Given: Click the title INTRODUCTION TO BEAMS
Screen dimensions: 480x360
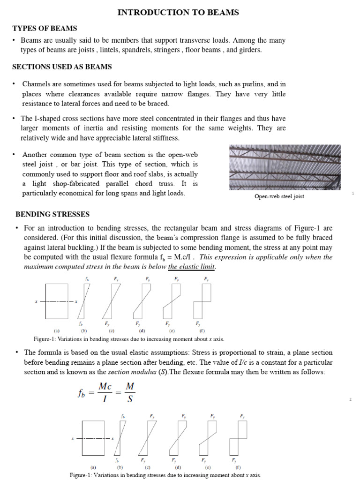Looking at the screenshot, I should [x=178, y=13].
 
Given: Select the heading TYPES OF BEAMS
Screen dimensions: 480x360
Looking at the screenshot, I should [x=45, y=29].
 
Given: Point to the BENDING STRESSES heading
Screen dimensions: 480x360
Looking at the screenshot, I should [x=52, y=214].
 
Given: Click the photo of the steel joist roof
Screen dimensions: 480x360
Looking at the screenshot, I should [x=285, y=167].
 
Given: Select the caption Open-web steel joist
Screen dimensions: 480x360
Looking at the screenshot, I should [x=279, y=196].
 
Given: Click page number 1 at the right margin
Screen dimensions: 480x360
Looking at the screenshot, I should [x=352, y=193].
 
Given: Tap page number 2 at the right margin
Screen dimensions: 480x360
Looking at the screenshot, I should [x=350, y=399].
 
